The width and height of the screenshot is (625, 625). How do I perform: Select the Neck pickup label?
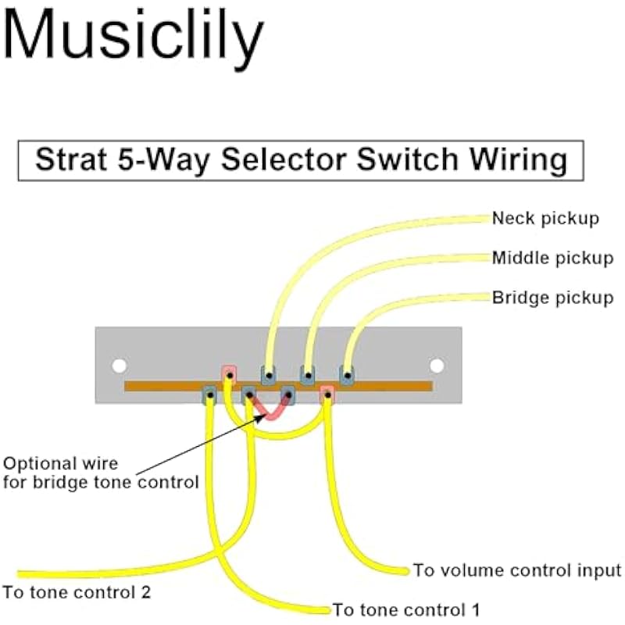pyautogui.click(x=545, y=219)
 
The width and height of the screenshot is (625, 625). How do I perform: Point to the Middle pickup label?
pyautogui.click(x=552, y=258)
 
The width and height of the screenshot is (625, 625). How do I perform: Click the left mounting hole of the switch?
pyautogui.click(x=119, y=365)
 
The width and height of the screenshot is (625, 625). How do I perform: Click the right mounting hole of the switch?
pyautogui.click(x=437, y=365)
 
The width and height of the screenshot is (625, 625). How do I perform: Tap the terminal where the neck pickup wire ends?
pyautogui.click(x=269, y=374)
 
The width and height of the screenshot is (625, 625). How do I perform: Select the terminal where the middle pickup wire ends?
pyautogui.click(x=308, y=374)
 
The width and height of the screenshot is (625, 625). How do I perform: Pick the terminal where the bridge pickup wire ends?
pyautogui.click(x=346, y=374)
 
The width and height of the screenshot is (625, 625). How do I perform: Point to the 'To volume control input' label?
pyautogui.click(x=516, y=570)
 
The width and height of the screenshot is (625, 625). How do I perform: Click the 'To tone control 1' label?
pyautogui.click(x=406, y=609)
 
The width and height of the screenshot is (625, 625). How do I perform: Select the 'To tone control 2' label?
pyautogui.click(x=77, y=591)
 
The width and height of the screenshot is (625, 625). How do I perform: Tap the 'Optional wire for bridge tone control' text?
pyautogui.click(x=100, y=473)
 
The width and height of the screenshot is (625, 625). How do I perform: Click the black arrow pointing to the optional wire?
pyautogui.click(x=203, y=442)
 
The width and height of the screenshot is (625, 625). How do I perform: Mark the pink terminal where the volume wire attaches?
pyautogui.click(x=327, y=395)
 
